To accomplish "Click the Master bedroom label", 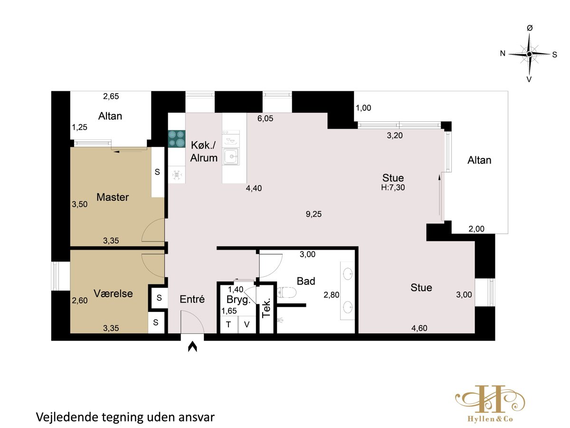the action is pos(113,197).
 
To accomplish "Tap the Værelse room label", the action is pos(113,293).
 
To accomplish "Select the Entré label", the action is pos(192,300).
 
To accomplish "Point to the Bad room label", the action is pos(306,281).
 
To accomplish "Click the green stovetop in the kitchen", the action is pos(177,139).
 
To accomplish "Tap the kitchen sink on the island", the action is pos(230,157).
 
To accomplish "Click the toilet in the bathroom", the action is pos(286,293).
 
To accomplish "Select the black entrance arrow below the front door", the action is pos(192,347).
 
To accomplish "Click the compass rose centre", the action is pos(529,54).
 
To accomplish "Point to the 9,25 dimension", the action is pos(313,214).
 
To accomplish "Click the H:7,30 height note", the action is pos(393,187).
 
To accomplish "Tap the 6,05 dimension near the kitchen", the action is pos(265,118).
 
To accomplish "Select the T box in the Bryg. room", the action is pos(228,325).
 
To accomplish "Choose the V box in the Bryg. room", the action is pos(247,325).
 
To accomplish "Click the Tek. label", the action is pos(266,308).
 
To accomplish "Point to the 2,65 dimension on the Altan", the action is pos(111,97).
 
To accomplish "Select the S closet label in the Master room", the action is pos(157,172).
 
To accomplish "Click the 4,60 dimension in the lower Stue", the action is pos(419,328).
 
